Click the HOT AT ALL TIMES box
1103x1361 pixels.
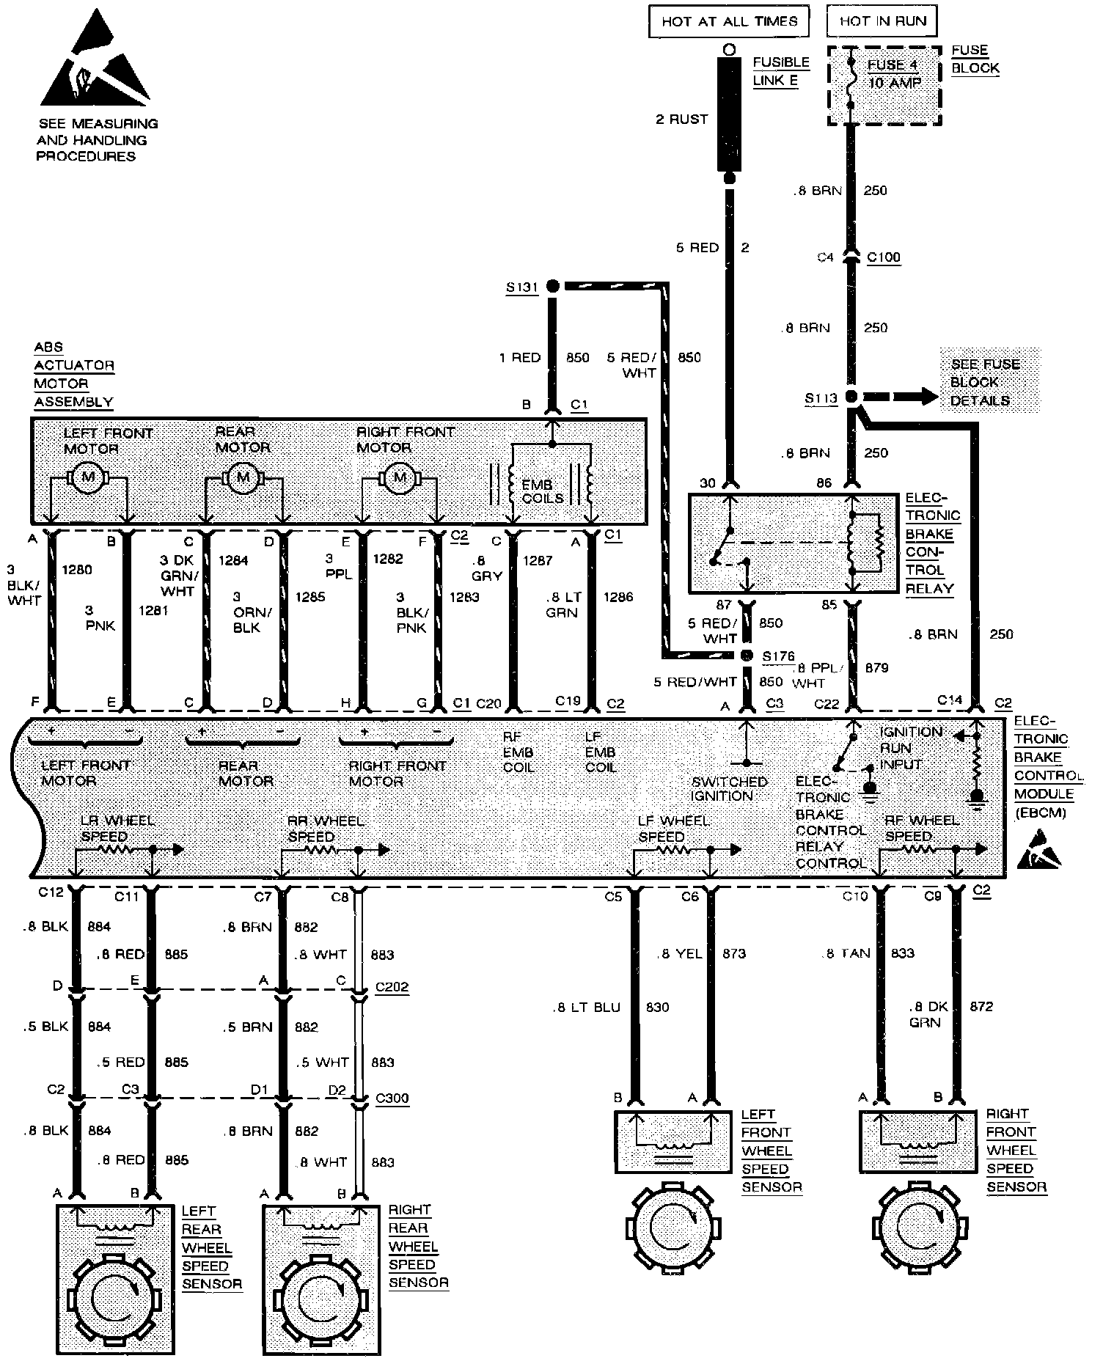tap(728, 21)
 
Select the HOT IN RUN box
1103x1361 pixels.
tap(882, 21)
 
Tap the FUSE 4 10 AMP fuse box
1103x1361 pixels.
tap(884, 86)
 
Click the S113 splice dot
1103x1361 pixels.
tap(851, 397)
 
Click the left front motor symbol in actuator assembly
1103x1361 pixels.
tap(88, 477)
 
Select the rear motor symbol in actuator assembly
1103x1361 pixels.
tap(241, 478)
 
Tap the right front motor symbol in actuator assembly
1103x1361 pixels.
tap(400, 478)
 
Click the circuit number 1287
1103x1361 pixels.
tap(538, 561)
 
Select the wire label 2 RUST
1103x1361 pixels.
tap(681, 119)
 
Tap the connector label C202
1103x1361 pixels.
tap(392, 987)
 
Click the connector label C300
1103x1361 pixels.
tap(392, 1098)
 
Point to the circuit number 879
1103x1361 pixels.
tap(877, 667)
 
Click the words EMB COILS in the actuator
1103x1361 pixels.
tap(542, 491)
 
